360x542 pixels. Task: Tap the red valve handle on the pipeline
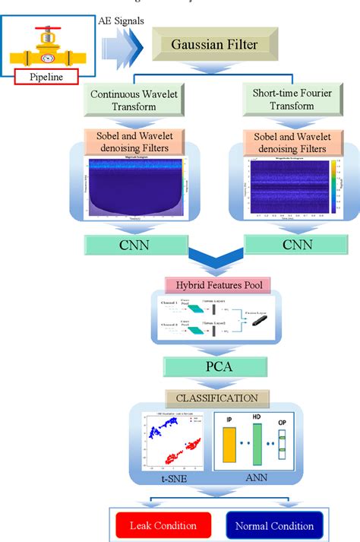coord(46,32)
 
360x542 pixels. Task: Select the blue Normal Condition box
coord(274,525)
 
